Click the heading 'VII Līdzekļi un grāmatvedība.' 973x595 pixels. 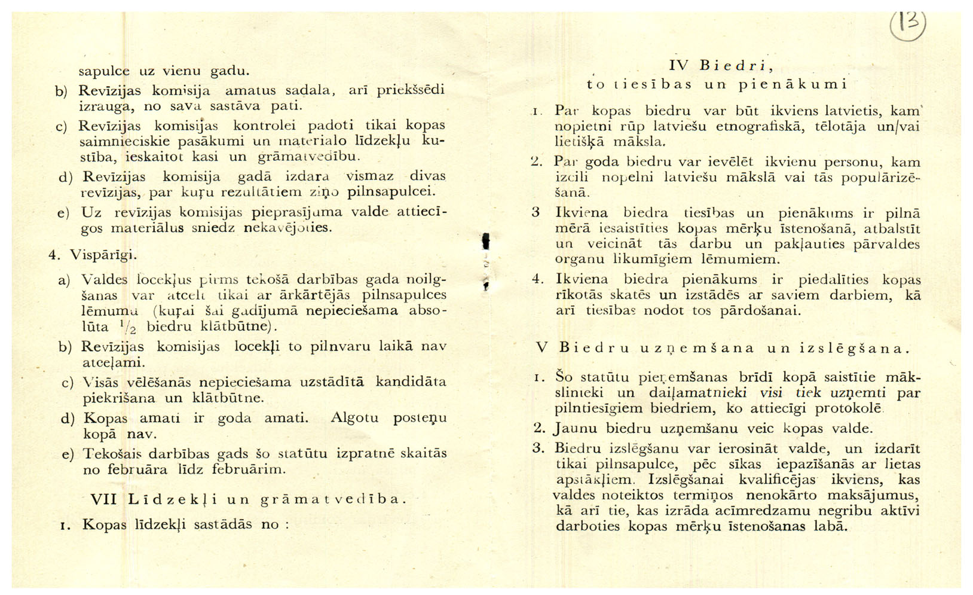point(247,499)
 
